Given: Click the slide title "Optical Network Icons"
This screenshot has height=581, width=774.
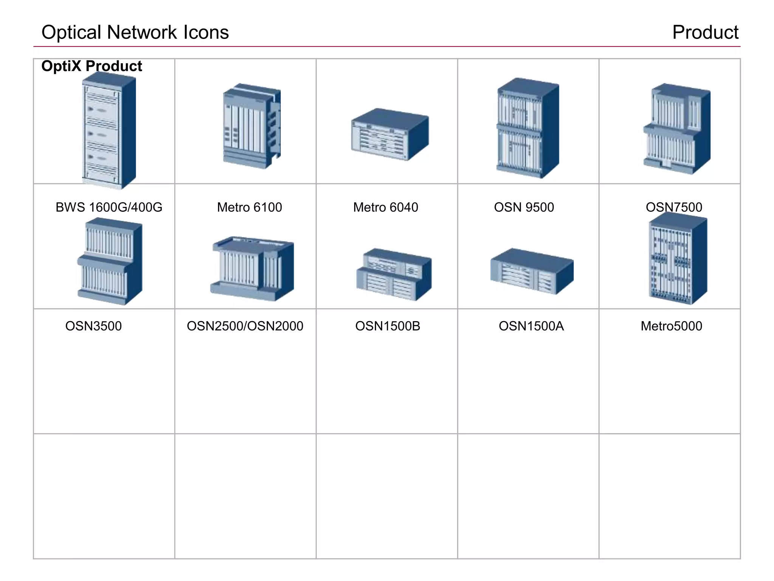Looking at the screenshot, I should point(135,32).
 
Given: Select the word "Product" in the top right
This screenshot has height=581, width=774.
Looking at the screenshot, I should point(705,32).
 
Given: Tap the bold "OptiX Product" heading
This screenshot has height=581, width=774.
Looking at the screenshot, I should point(91,66).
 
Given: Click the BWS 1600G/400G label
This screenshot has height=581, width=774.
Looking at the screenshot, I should point(109,207).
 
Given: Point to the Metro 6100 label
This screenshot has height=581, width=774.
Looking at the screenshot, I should point(249,207).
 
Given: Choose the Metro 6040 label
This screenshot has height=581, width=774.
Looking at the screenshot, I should point(385,207).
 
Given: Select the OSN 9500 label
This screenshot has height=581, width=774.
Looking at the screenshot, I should point(524,207).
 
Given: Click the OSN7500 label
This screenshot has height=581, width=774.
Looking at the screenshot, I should point(674,207).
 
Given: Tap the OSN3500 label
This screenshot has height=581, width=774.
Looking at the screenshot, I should point(93,326).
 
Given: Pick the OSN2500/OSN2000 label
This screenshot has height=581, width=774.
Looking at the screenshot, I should point(245,326).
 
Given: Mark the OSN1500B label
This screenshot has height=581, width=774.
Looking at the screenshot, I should point(388,326).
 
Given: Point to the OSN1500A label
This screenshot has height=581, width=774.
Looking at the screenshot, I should point(531,326).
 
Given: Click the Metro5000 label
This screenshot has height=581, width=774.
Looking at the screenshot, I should point(671,326).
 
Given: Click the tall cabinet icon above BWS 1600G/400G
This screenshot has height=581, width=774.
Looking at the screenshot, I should point(109,130).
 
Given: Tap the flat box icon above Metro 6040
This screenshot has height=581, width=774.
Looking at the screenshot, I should point(390,134).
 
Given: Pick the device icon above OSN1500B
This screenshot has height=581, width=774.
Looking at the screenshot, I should point(394,274).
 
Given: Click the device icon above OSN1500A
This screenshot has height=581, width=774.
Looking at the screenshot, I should point(532,271).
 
